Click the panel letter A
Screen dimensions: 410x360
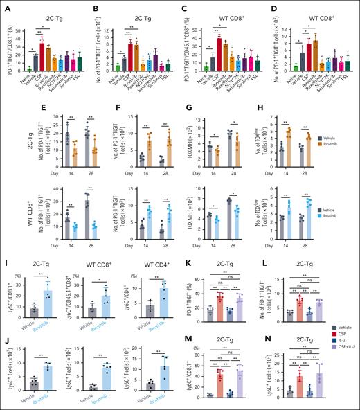(x=5, y=6)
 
